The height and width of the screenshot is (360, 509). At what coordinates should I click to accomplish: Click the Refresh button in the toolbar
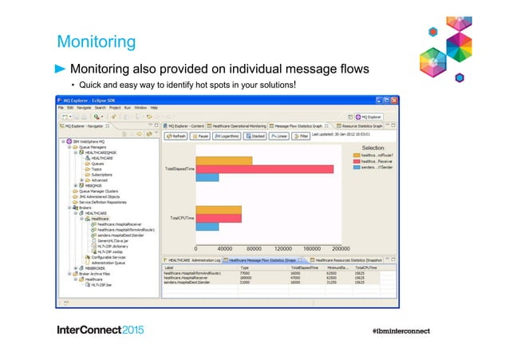176,136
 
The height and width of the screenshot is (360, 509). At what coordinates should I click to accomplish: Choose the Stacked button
257,136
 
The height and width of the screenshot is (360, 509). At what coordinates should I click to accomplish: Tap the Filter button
300,136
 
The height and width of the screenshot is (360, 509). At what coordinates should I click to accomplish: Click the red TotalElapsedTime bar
264,168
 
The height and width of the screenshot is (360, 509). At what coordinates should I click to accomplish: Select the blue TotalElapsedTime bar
207,177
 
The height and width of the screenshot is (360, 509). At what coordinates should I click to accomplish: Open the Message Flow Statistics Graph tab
300,125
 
